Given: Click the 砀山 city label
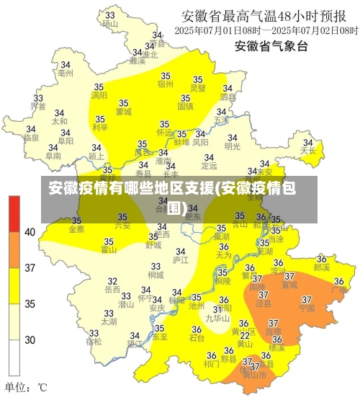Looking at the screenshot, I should pos(110,23).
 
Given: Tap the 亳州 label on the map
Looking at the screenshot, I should pos(66,73).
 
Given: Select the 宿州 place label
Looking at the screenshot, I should pos(165,84).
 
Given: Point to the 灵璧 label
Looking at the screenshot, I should pos(198,88).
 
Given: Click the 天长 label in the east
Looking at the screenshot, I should pos(308,151).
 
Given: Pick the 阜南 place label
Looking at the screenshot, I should pos(53,155).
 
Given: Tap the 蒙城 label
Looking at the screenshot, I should pos(124,112).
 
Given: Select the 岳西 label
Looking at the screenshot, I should pos(112,289).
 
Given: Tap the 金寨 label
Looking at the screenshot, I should pos(76,229).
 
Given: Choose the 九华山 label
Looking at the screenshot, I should pos(217,318).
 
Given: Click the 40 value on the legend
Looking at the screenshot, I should pos(30,232).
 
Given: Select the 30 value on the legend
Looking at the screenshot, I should pos(30,339).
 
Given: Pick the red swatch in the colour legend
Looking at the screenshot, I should pos(14,213).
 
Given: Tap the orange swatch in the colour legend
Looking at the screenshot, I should pos(14,249).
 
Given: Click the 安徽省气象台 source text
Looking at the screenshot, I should pos(271,47).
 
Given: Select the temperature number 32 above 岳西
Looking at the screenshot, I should pos(112,280).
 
